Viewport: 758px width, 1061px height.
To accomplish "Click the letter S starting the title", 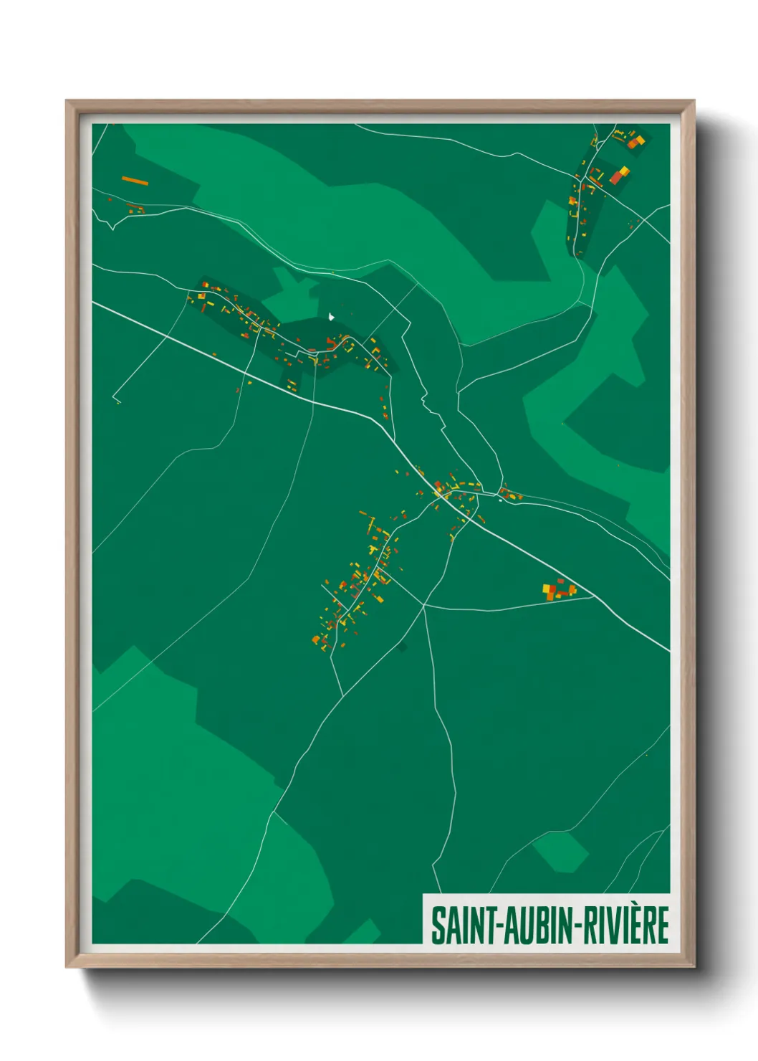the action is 437,925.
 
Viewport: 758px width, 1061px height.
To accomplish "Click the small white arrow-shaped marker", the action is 331,316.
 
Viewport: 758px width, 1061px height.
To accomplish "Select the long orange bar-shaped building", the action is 135,181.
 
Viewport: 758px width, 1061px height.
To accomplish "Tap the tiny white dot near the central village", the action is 500,500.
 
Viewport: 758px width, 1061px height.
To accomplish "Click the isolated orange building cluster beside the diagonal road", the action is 558,589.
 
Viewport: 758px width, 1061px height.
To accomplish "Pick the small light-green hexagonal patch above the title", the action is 561,851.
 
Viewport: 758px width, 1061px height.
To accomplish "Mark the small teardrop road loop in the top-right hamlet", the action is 594,140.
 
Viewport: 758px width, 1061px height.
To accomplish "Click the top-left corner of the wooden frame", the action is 67,101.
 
